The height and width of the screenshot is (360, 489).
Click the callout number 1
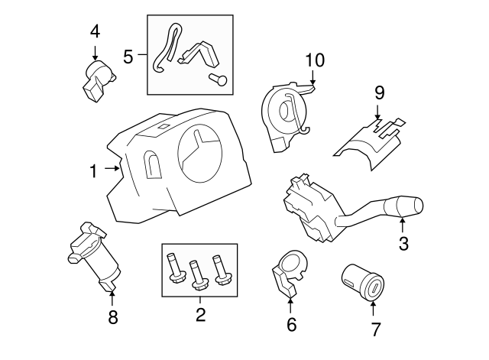coord(93,172)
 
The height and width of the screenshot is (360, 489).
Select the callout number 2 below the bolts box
coord(200,314)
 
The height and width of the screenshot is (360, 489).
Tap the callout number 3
coord(404,245)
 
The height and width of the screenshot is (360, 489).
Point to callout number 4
coord(95,31)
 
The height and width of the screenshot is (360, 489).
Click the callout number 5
coord(128,56)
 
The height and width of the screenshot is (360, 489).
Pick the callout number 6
coord(290,324)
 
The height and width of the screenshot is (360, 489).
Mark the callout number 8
coord(113,317)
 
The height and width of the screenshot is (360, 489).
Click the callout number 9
coord(379,92)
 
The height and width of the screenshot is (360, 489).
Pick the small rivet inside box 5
coord(219,80)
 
